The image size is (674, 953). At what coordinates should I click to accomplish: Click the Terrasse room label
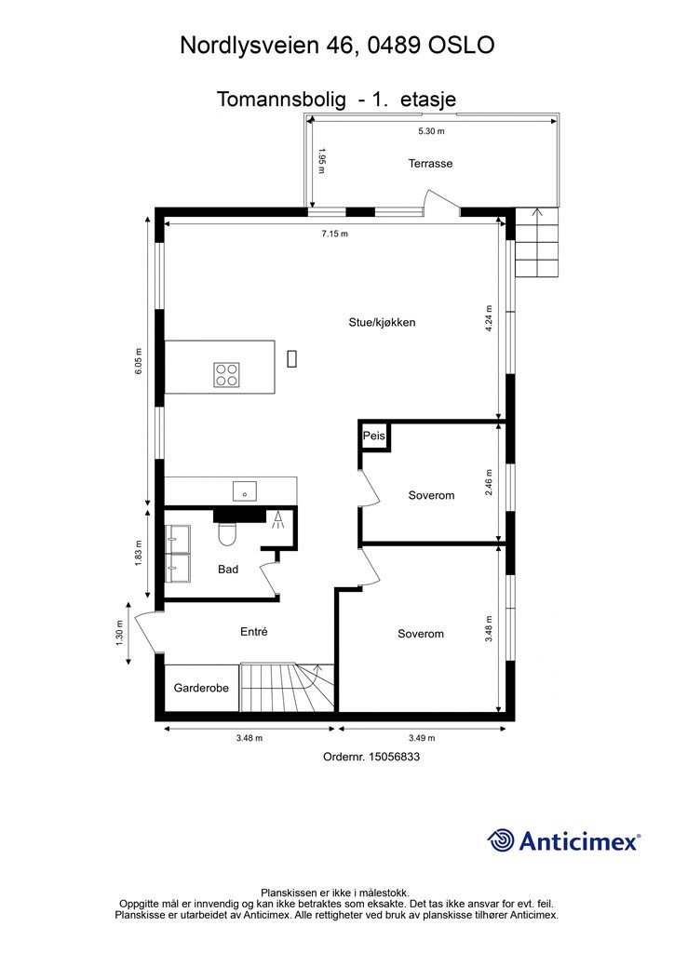[x=430, y=164]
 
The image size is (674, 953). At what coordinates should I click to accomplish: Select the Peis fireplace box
[x=374, y=436]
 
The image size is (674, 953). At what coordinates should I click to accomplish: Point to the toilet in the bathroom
[x=227, y=535]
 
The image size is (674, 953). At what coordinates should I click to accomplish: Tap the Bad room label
[x=228, y=570]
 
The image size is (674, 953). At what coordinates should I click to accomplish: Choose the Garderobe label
[x=201, y=689]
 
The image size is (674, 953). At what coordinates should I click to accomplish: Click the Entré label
[x=254, y=631]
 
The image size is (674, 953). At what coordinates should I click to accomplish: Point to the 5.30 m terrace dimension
[x=432, y=132]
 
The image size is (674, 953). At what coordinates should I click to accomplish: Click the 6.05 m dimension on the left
[x=138, y=360]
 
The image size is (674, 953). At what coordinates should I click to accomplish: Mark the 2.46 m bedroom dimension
[x=490, y=483]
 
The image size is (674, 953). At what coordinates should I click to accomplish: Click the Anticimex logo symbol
[x=502, y=840]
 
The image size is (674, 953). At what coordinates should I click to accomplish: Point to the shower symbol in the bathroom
[x=277, y=520]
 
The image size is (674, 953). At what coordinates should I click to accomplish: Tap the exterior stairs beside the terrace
[x=538, y=244]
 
